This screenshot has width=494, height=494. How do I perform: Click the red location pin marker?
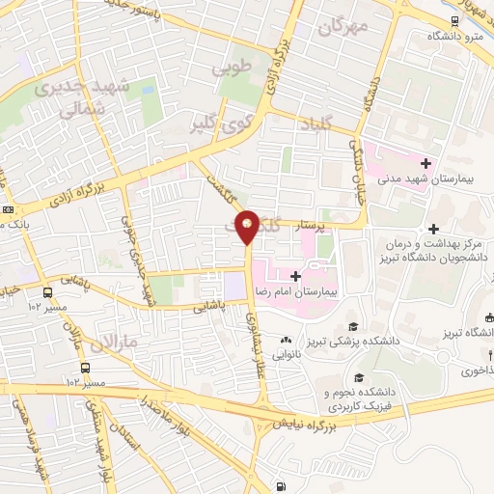point(248,226)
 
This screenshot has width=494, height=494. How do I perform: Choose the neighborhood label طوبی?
point(238,69)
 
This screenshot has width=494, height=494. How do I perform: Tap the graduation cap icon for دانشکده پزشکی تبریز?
point(352,327)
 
